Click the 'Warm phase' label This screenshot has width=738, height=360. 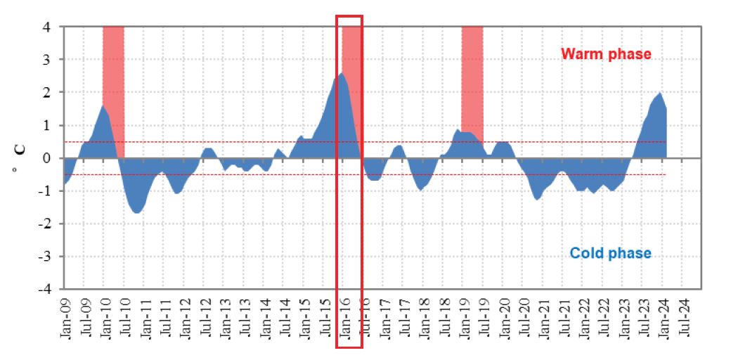[x=606, y=54]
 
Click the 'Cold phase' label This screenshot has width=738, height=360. [x=611, y=253]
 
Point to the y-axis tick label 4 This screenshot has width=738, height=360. [x=46, y=27]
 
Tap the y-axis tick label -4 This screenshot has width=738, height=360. [x=43, y=289]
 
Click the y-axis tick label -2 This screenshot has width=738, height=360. [x=43, y=224]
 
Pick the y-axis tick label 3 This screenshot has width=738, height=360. [x=46, y=60]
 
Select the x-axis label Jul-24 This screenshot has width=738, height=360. [x=686, y=319]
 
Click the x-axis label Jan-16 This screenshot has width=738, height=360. [x=346, y=319]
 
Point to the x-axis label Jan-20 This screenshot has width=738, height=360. [x=506, y=319]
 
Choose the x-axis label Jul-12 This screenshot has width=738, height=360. [x=206, y=319]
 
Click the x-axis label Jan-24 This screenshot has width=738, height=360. [x=666, y=319]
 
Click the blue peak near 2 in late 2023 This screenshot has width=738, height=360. [x=660, y=94]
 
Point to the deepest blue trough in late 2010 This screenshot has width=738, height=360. [x=136, y=211]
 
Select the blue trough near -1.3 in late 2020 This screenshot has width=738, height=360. [x=538, y=198]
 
